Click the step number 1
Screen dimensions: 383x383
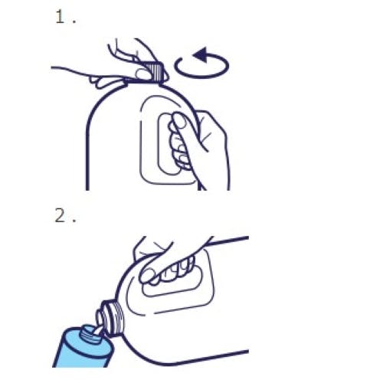point(60,17)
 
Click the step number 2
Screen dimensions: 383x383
point(61,215)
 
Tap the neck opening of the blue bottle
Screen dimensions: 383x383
point(90,332)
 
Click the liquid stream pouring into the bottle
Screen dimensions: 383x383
point(98,331)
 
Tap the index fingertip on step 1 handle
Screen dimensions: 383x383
point(178,119)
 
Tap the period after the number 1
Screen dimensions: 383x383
point(74,22)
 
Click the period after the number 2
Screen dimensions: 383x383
point(74,221)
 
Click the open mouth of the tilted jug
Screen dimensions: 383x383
point(100,319)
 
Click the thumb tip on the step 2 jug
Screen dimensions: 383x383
point(146,277)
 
